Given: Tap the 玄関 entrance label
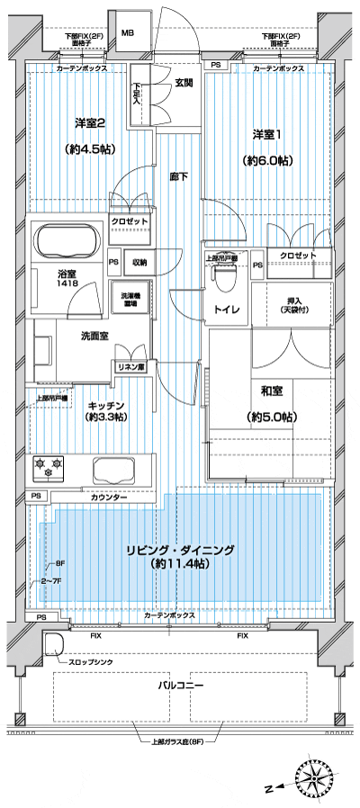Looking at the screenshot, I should pos(184,83).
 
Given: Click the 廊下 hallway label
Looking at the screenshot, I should pos(178,177).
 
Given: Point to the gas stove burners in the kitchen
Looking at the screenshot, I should pos(50,466).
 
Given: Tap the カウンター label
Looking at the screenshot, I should pos(109,498).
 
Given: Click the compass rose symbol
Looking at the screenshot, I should pos(315,781).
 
